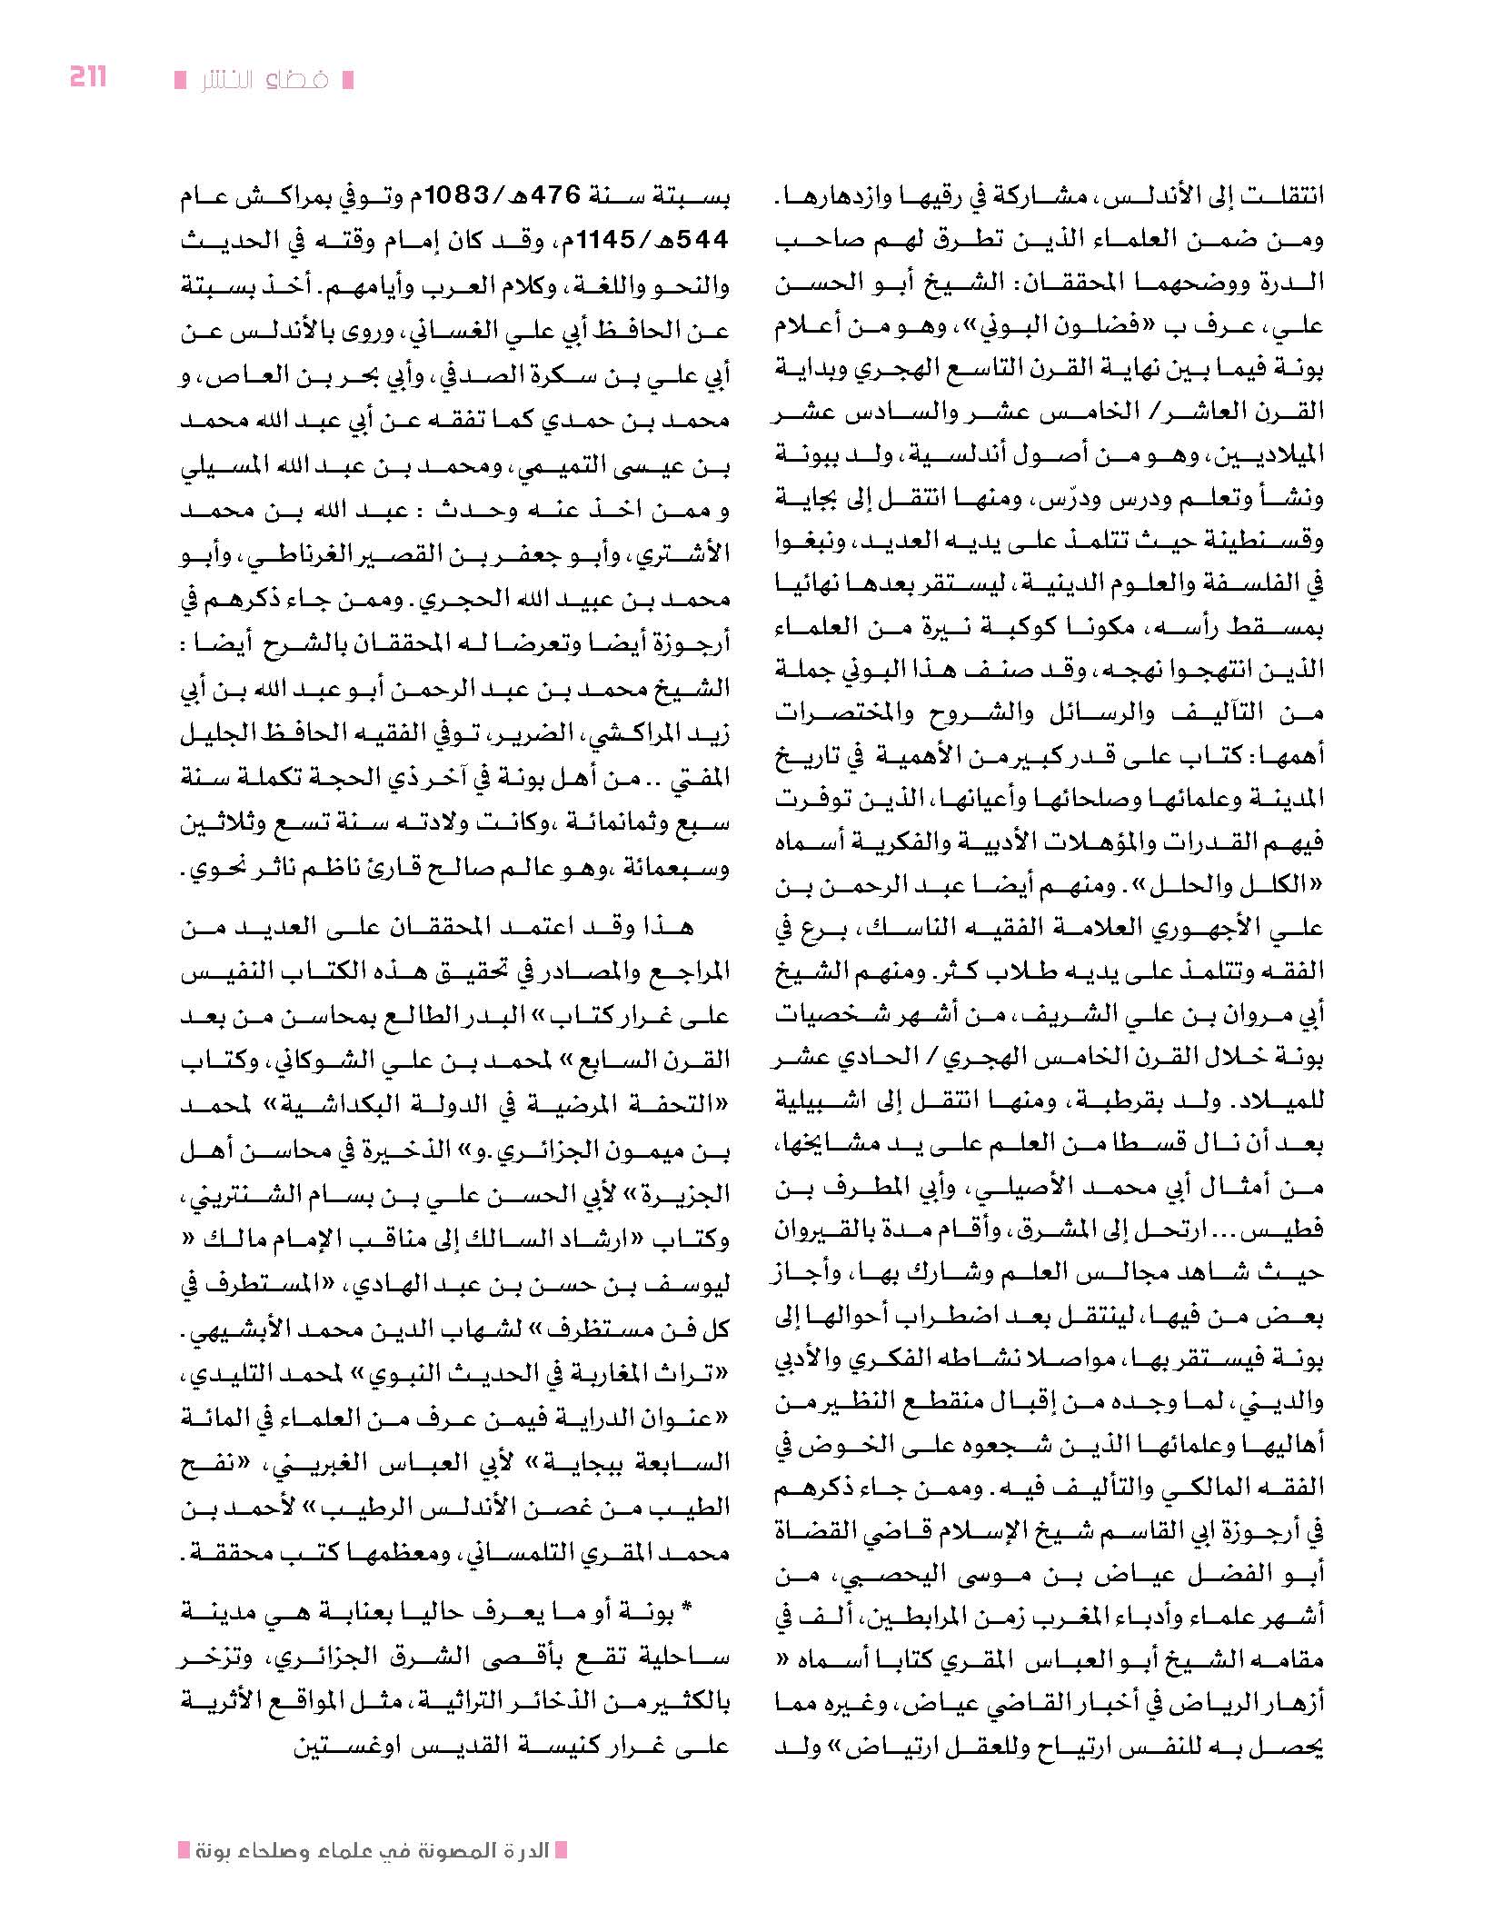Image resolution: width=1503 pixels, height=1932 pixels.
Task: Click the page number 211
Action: coord(88,77)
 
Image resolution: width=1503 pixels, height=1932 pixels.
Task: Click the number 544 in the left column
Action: coord(702,241)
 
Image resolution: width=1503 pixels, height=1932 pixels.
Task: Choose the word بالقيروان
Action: coord(822,1232)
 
